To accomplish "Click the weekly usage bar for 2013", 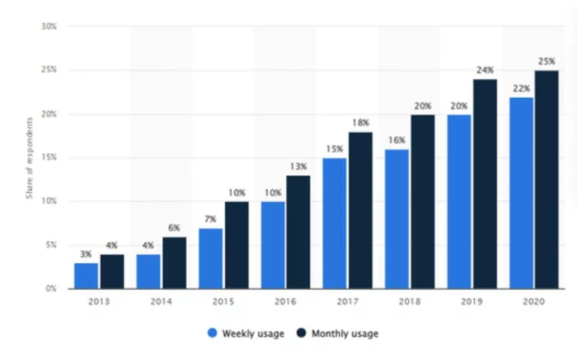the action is pyautogui.click(x=86, y=276).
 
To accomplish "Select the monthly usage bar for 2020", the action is pyautogui.click(x=547, y=179).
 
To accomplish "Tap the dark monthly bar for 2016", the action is pyautogui.click(x=299, y=232).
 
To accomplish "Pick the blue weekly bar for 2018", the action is pyautogui.click(x=397, y=219).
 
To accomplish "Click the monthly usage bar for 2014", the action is pyautogui.click(x=174, y=263).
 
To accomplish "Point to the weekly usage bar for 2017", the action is pyautogui.click(x=335, y=223).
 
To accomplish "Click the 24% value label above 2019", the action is pyautogui.click(x=485, y=70).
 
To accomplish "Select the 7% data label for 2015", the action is pyautogui.click(x=210, y=219).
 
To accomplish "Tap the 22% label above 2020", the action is pyautogui.click(x=521, y=88).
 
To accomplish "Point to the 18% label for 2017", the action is pyautogui.click(x=360, y=122).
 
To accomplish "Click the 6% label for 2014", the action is pyautogui.click(x=174, y=228).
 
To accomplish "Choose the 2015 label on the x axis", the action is pyautogui.click(x=223, y=302).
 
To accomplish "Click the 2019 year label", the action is pyautogui.click(x=472, y=302).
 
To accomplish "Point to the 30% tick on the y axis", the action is pyautogui.click(x=49, y=26).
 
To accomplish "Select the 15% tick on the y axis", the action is pyautogui.click(x=49, y=158).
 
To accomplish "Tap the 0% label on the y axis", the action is pyautogui.click(x=51, y=289).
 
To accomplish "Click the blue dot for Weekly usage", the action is pyautogui.click(x=212, y=333).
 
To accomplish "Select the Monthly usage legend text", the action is pyautogui.click(x=345, y=334).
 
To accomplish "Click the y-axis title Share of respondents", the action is pyautogui.click(x=29, y=158).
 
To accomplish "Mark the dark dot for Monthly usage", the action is pyautogui.click(x=301, y=333).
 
